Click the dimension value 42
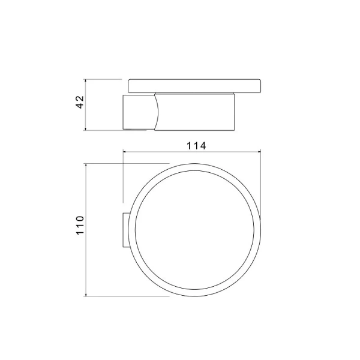(x=79, y=104)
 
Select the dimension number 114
(x=196, y=145)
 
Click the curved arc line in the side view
(x=156, y=112)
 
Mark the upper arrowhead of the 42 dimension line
(x=86, y=80)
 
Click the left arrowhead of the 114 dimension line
(x=125, y=152)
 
